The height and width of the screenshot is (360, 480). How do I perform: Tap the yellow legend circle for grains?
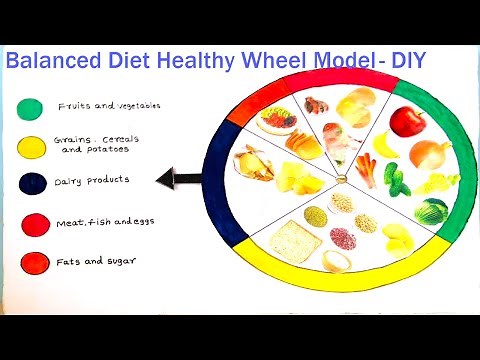(x=32, y=146)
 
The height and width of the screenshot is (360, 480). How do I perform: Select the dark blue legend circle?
(x=31, y=185)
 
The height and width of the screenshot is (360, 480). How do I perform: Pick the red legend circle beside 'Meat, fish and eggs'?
(x=31, y=223)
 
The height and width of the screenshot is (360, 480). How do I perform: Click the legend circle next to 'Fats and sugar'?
(x=31, y=262)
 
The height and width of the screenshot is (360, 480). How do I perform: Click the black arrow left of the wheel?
(x=176, y=181)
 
